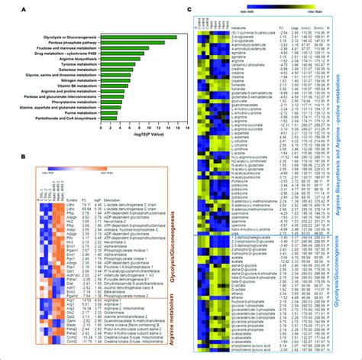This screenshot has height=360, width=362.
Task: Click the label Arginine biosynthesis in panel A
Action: [x=78, y=66]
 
